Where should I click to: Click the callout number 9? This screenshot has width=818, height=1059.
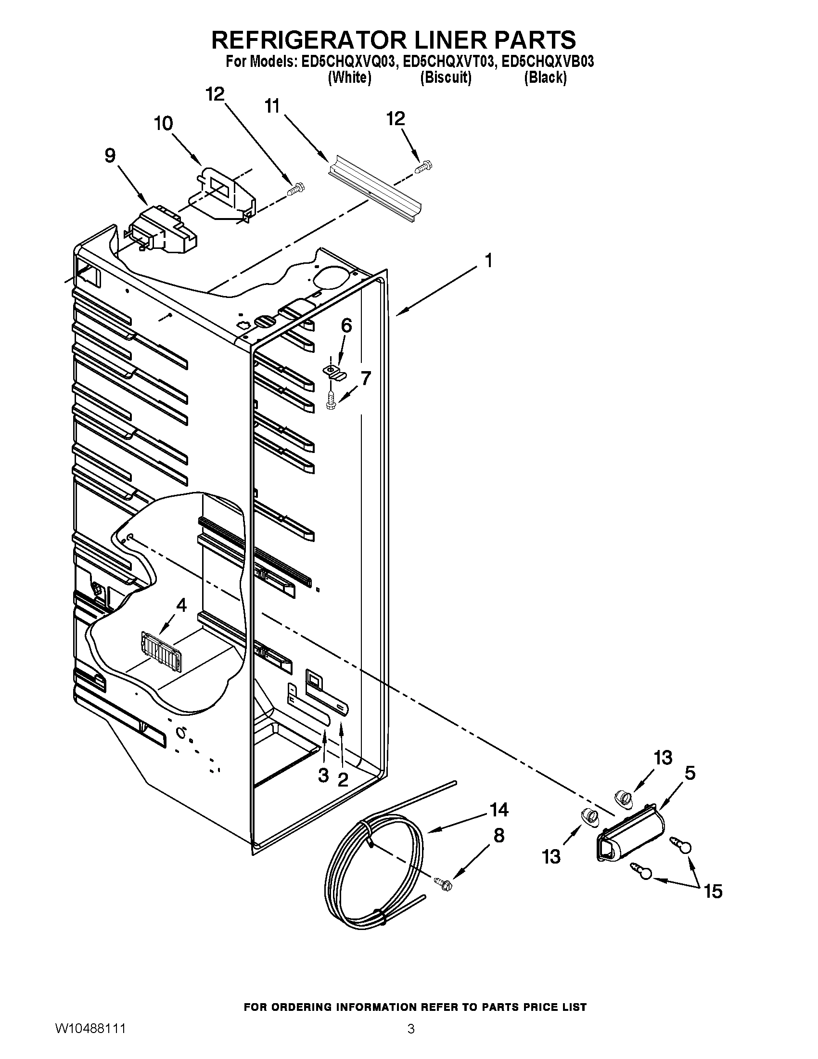[110, 156]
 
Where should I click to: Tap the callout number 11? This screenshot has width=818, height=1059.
[272, 106]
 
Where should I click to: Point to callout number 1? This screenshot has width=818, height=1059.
[488, 260]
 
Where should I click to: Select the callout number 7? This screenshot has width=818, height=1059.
[365, 378]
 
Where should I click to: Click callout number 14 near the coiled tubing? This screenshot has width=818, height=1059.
[498, 809]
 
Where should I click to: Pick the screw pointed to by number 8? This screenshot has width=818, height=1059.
[442, 883]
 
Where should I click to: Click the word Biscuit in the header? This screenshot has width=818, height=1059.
[446, 77]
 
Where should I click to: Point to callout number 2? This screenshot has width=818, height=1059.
[342, 780]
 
